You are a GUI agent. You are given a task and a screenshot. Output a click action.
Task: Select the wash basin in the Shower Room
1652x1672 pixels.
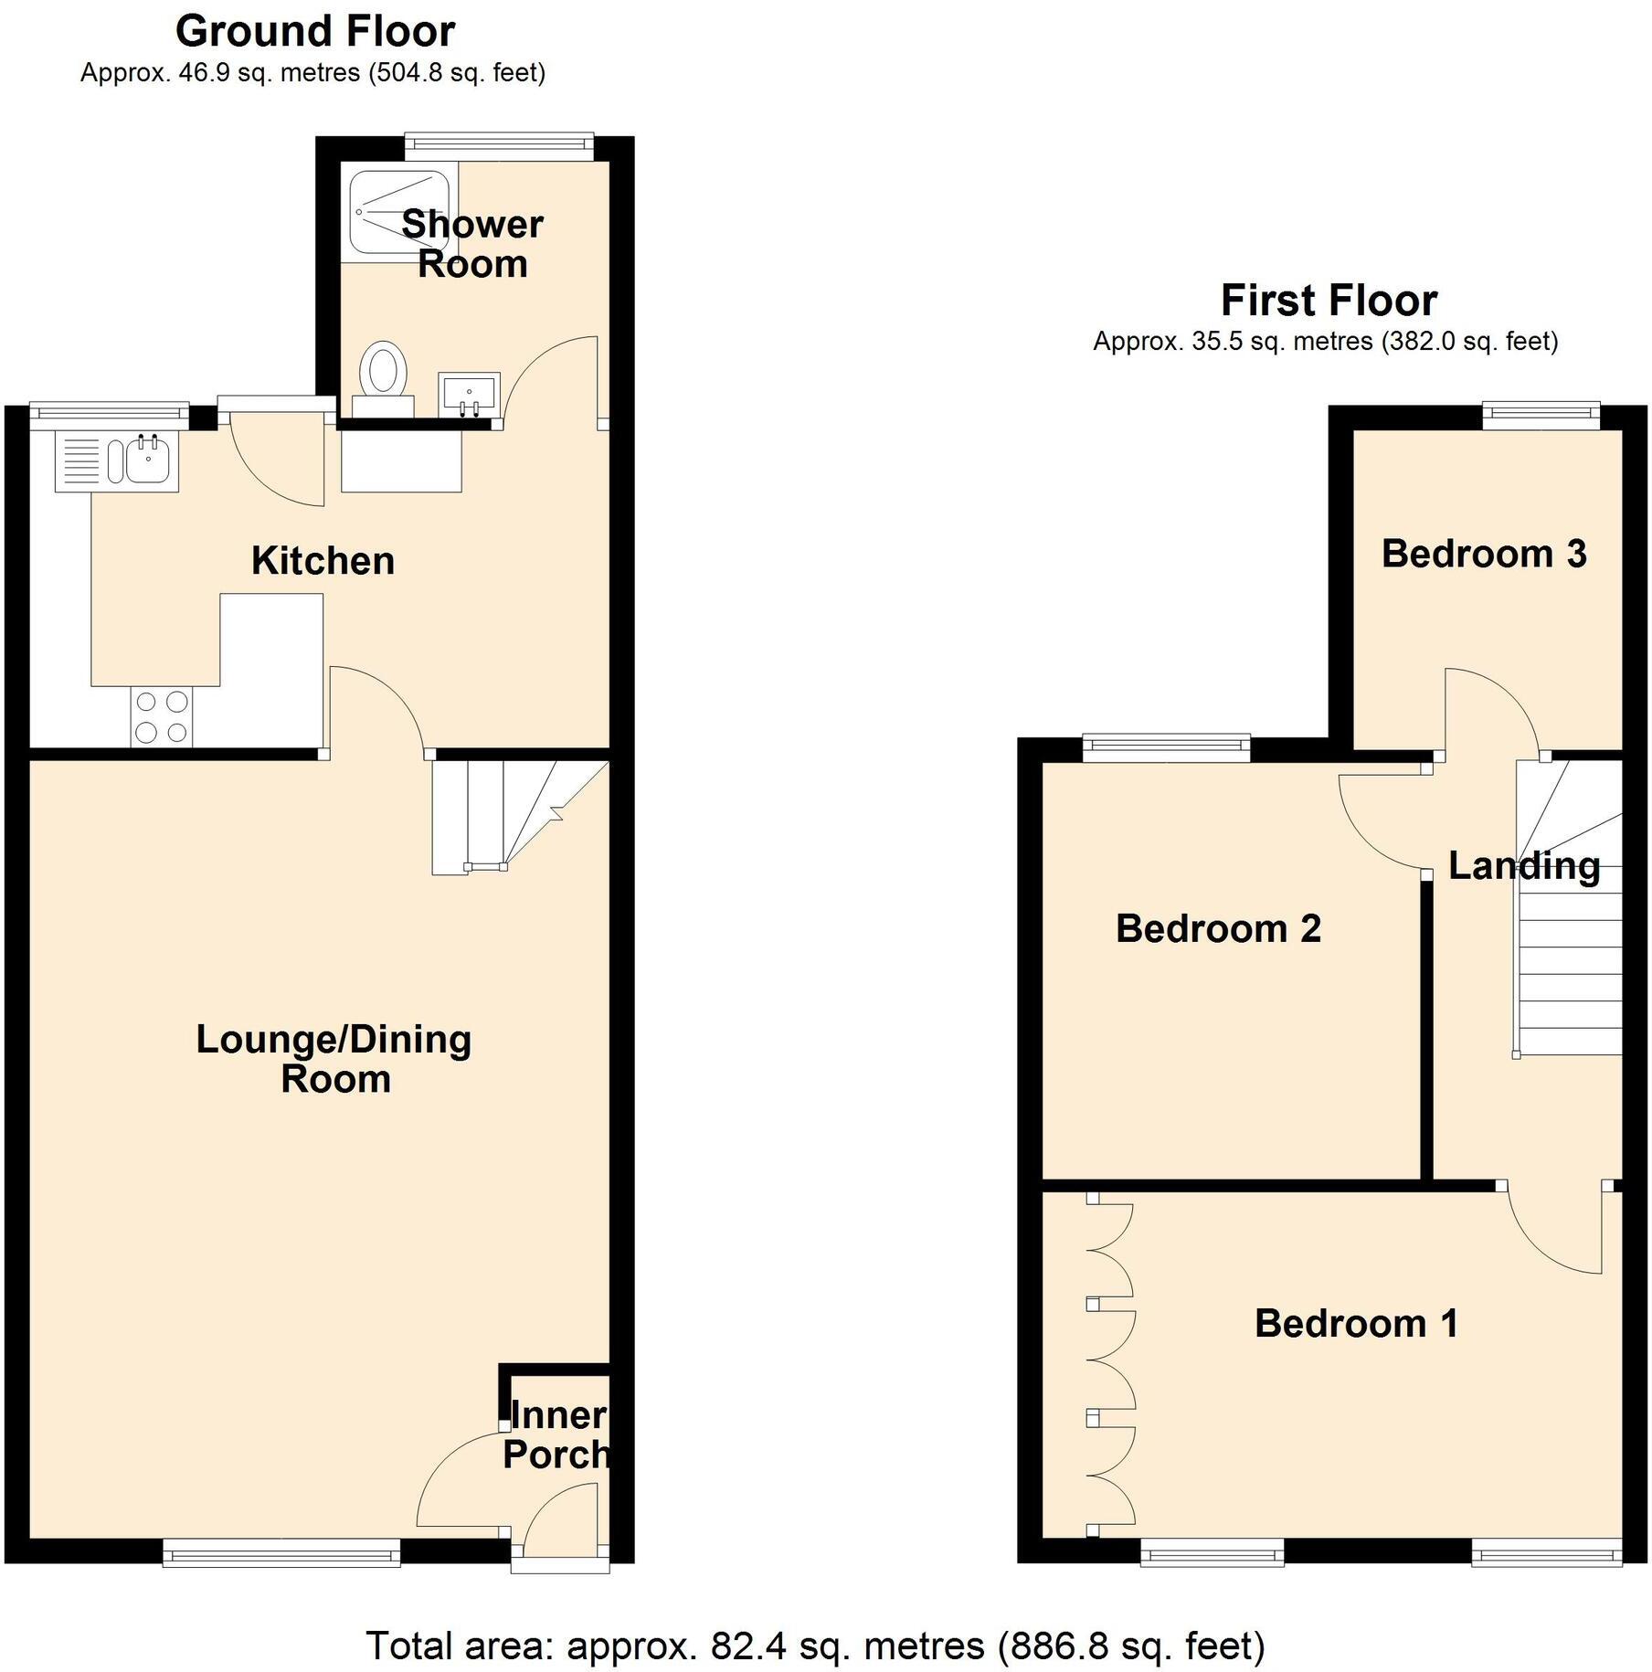click(469, 393)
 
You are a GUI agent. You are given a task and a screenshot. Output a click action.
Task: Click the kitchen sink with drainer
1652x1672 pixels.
click(117, 460)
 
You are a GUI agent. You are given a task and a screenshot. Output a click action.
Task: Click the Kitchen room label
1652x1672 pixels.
click(323, 560)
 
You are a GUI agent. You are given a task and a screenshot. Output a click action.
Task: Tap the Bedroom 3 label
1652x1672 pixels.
click(1483, 554)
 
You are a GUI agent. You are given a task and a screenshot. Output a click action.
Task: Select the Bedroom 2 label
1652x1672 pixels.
click(1217, 928)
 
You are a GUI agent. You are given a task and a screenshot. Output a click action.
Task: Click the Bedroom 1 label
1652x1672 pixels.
click(1355, 1324)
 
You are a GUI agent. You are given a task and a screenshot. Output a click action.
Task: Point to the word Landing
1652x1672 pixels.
click(1523, 865)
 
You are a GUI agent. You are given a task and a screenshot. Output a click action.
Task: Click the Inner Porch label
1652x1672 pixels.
click(555, 1434)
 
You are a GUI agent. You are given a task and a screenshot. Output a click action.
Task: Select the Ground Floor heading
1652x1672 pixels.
click(314, 32)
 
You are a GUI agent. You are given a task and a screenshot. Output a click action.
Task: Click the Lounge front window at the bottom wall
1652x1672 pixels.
click(281, 1553)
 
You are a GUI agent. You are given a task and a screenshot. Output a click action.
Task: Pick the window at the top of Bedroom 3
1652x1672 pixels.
click(1541, 416)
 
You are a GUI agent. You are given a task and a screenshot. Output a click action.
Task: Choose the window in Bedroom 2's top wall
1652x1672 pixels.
click(1166, 748)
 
